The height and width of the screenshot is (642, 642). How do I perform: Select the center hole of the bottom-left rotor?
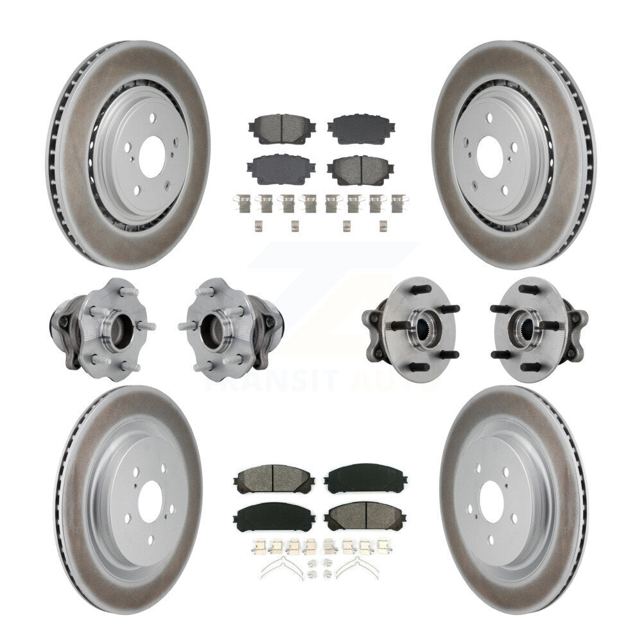coord(150,498)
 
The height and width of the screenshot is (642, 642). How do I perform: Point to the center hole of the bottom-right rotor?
coord(492,498)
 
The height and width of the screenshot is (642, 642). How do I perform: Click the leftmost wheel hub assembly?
coord(101,328)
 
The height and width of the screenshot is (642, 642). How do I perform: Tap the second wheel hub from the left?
coord(230,327)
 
